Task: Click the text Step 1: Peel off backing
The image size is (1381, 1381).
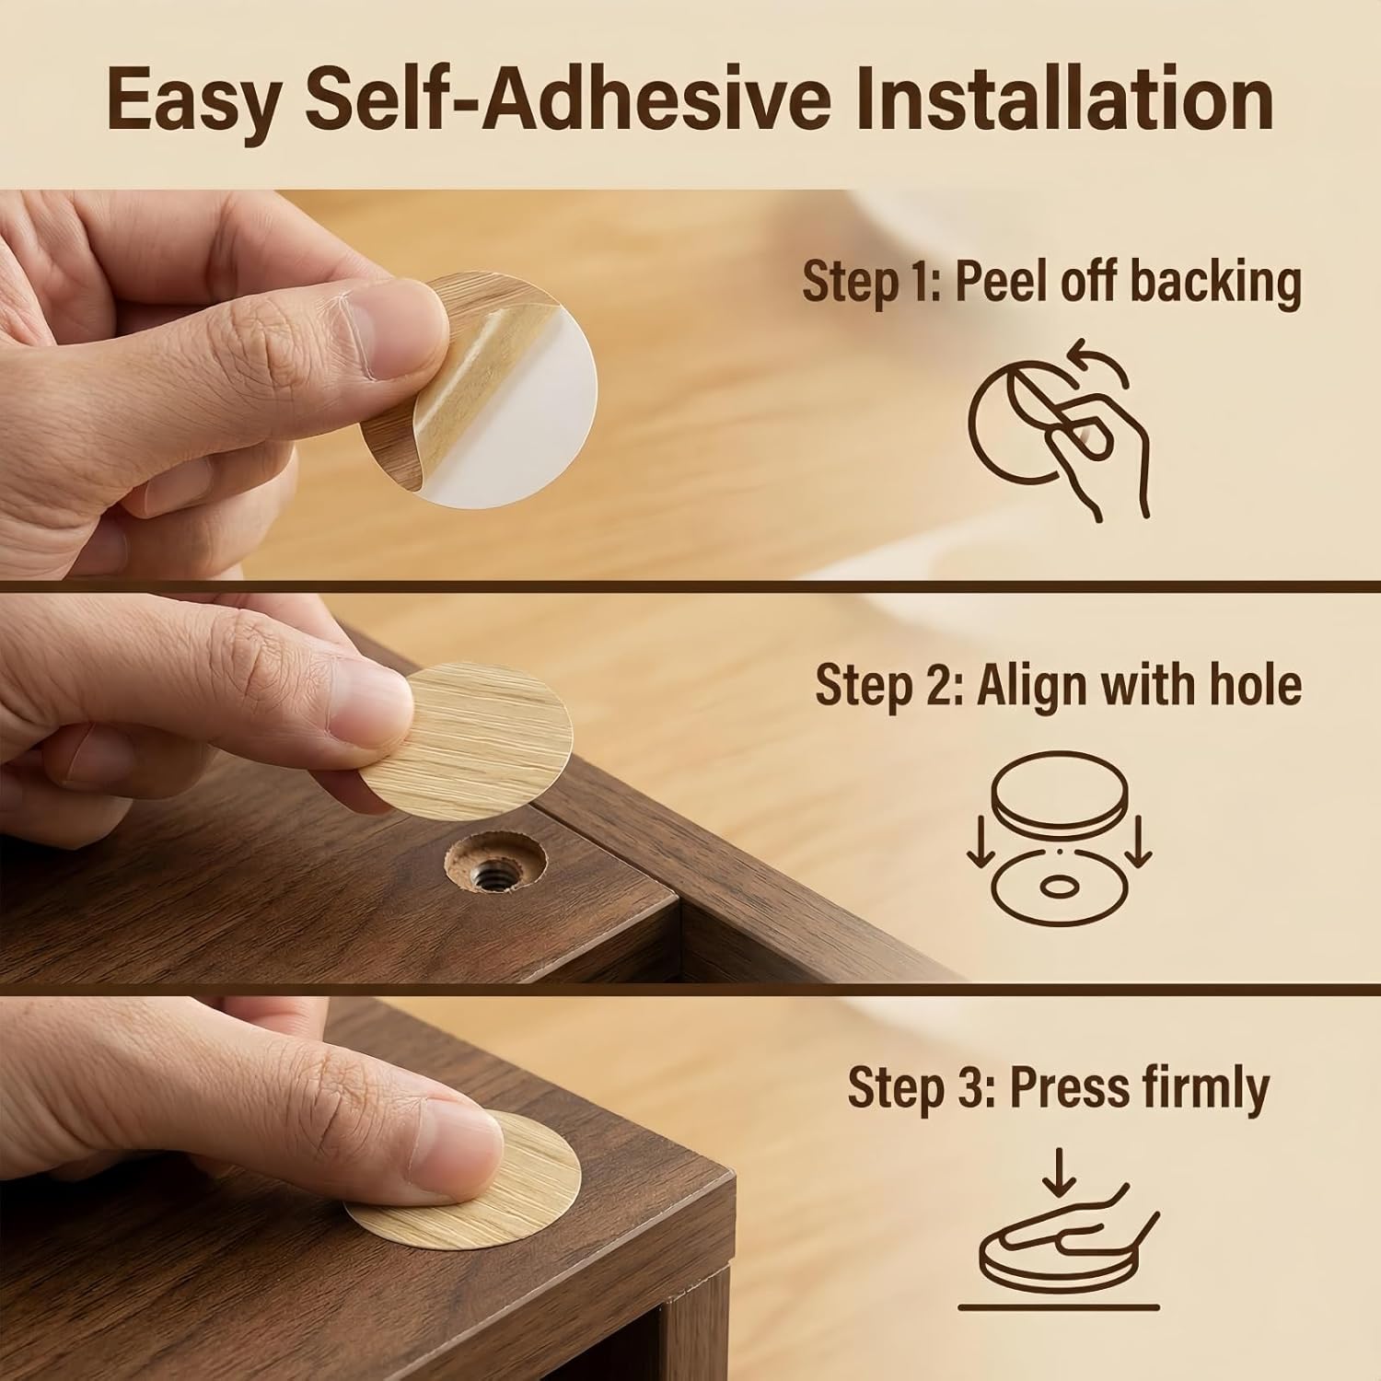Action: point(1051,283)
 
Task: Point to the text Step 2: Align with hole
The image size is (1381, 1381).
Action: point(1059,685)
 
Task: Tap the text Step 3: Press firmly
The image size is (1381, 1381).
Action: point(1058,1088)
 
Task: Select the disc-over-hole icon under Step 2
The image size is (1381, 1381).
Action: point(1058,842)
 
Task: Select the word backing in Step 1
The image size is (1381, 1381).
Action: point(1215,283)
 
